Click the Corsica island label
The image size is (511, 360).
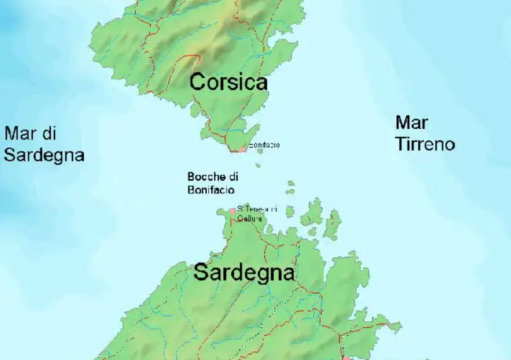(x=228, y=82)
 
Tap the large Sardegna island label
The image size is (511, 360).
(x=244, y=273)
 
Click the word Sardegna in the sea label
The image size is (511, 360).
(x=44, y=155)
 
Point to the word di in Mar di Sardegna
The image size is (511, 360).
(x=50, y=134)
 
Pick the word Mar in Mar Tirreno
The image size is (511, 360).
(x=412, y=122)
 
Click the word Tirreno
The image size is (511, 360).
(x=425, y=144)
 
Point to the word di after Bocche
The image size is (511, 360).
(x=234, y=177)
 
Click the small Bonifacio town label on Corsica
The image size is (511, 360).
(x=264, y=145)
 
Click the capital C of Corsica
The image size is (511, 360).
(x=197, y=82)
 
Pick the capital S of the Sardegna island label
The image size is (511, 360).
(x=201, y=272)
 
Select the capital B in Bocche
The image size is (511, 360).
(x=191, y=177)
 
